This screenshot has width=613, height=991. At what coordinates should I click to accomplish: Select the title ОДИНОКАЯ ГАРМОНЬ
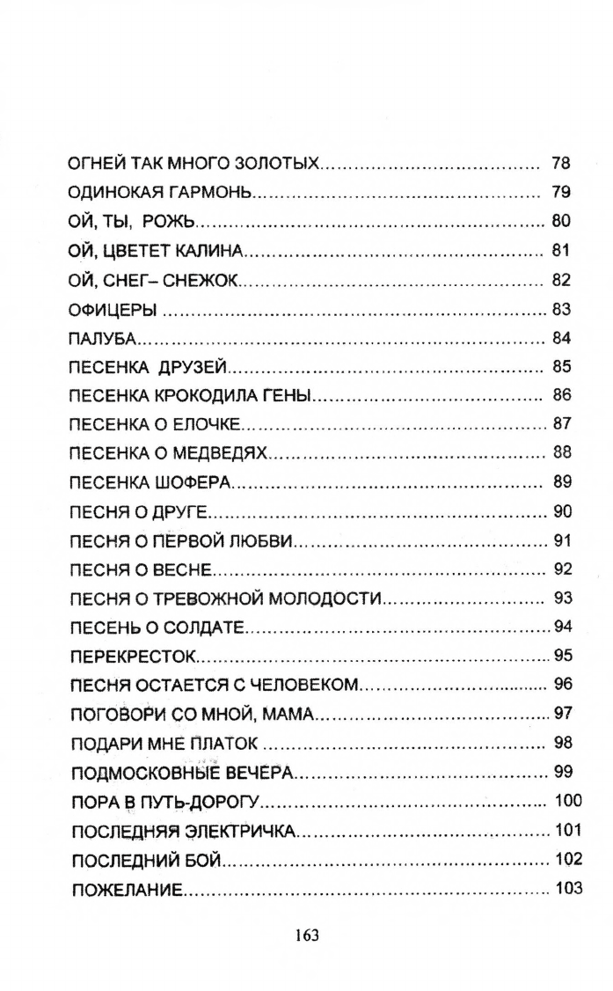coord(161,193)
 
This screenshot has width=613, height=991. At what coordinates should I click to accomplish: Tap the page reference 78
coord(560,164)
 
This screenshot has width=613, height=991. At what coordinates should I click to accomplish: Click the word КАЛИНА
coord(210,252)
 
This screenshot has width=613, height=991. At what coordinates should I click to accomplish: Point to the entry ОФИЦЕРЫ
coord(112,310)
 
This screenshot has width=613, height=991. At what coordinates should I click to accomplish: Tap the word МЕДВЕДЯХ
coord(225,454)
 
